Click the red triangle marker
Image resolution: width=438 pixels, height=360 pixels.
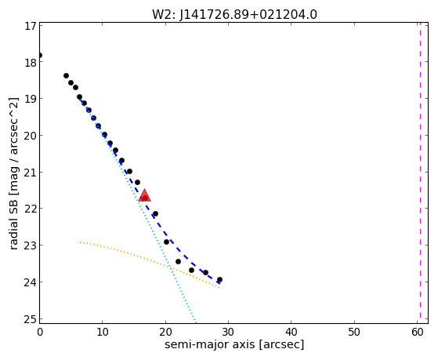[x=144, y=195]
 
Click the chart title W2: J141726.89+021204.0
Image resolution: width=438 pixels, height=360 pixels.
[x=234, y=15]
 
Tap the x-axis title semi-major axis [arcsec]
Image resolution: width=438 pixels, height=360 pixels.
[x=234, y=344]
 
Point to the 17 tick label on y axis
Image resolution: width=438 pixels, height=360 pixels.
[x=31, y=26]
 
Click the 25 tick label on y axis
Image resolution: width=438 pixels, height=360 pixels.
[x=31, y=319]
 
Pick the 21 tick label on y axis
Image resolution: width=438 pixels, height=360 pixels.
[x=31, y=173]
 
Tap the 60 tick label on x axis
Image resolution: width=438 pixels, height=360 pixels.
[x=417, y=333]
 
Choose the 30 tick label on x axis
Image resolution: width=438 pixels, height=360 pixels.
[x=228, y=333]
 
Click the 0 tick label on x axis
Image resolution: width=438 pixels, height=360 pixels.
[x=40, y=333]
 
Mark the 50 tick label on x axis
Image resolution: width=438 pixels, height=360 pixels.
[x=354, y=333]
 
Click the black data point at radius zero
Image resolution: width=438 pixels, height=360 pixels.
[x=40, y=55]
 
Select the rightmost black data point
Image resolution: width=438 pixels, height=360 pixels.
[x=219, y=279]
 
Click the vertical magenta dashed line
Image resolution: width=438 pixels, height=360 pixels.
[x=420, y=173]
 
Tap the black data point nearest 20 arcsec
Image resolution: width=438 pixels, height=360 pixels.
[x=166, y=242]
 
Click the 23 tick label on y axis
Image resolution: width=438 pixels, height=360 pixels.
[x=31, y=245]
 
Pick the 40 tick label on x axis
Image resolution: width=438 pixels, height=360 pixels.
[x=291, y=333]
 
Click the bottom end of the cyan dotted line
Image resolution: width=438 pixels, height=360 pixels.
[x=196, y=322]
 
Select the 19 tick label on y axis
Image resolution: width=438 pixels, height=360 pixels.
[x=31, y=99]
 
